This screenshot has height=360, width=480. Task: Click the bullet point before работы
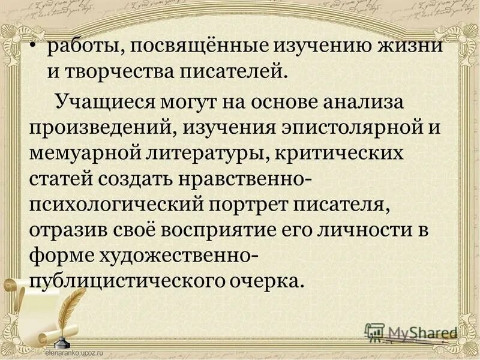tap(39, 47)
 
